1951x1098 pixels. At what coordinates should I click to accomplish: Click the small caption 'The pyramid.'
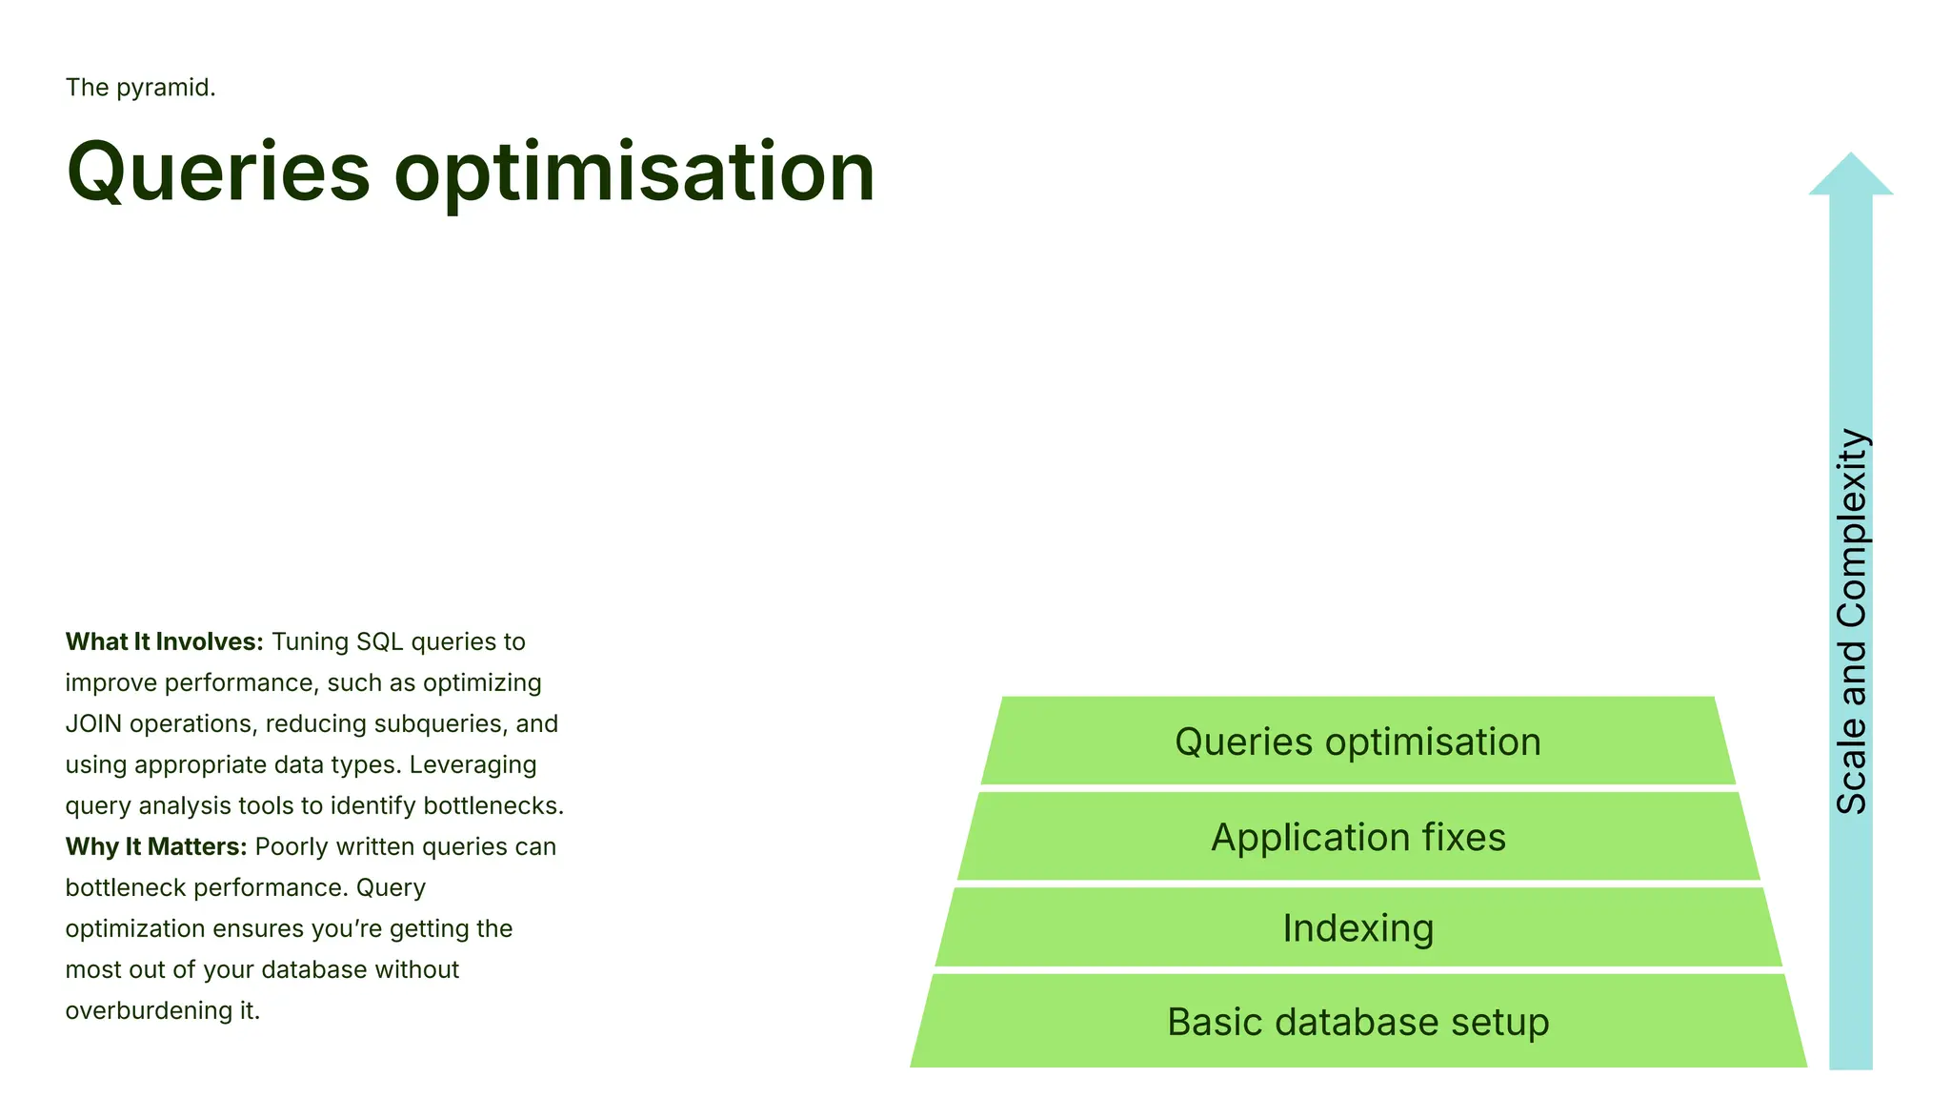click(x=140, y=88)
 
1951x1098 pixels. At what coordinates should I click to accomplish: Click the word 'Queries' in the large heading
click(x=218, y=173)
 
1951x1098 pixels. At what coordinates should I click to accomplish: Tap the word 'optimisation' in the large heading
click(x=634, y=173)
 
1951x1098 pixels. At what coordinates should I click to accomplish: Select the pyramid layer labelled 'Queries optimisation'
click(x=1358, y=742)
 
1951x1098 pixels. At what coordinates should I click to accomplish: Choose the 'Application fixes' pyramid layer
click(x=1358, y=837)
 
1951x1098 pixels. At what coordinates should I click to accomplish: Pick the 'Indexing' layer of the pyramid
click(x=1358, y=928)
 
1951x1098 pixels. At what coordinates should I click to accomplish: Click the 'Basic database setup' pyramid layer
click(x=1358, y=1022)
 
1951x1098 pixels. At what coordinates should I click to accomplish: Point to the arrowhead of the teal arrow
click(x=1850, y=176)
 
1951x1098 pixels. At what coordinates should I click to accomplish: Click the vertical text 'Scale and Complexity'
click(x=1851, y=621)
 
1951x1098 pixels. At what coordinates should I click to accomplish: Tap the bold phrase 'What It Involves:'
click(x=164, y=642)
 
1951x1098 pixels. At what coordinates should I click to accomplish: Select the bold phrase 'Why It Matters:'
click(x=156, y=847)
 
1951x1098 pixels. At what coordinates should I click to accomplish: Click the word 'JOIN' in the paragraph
click(x=93, y=724)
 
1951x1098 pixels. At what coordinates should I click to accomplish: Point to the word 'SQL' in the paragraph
click(x=379, y=642)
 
